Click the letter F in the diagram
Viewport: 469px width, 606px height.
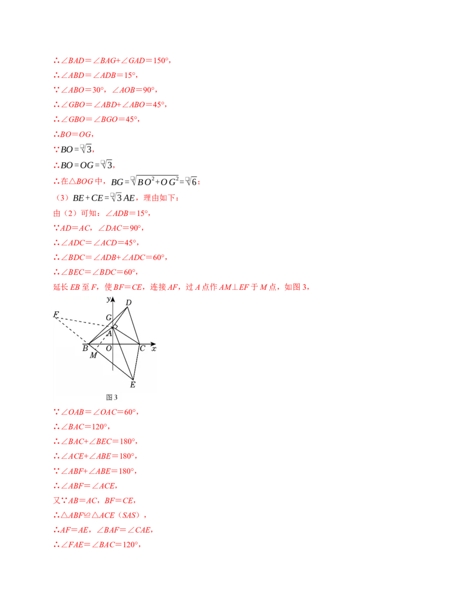pos(56,314)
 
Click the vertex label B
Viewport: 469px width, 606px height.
pos(85,348)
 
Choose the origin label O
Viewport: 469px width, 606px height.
pos(108,348)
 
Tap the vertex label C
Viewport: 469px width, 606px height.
pos(142,348)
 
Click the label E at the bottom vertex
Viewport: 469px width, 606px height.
pos(132,385)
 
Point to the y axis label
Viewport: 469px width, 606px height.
pos(108,299)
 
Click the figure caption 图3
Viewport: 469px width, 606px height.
pos(111,397)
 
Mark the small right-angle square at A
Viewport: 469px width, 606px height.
pos(115,326)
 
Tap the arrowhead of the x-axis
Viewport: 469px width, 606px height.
pos(154,343)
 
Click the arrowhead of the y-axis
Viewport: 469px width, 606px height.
pos(113,299)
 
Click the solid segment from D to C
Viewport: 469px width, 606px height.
pos(134,325)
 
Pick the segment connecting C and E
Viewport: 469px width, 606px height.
pos(137,361)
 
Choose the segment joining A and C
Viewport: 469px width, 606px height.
pos(126,335)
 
